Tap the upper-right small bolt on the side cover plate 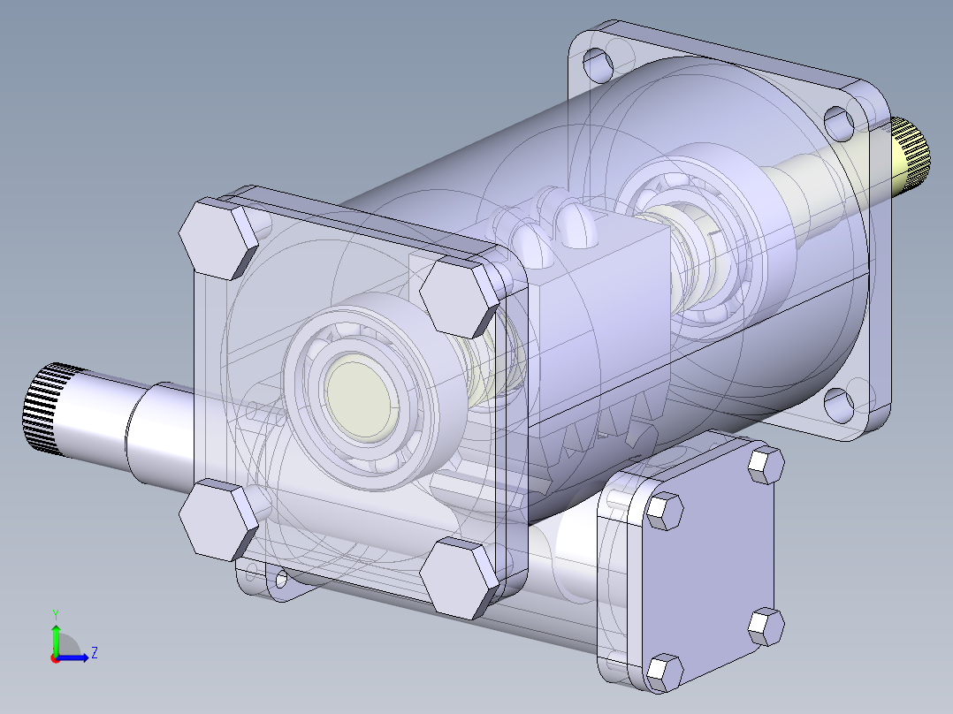click(x=765, y=465)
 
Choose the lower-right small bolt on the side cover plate click(x=766, y=626)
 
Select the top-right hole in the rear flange click(x=836, y=119)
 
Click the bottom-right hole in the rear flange click(x=836, y=402)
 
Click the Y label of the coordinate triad click(x=55, y=613)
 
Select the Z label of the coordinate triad click(x=94, y=653)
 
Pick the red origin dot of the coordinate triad click(x=55, y=658)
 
